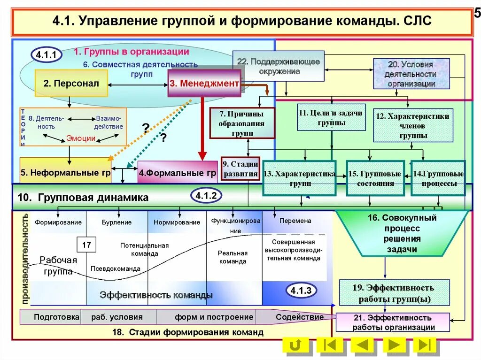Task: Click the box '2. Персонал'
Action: (x=71, y=84)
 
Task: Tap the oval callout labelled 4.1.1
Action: (x=47, y=55)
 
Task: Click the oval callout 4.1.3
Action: (x=301, y=291)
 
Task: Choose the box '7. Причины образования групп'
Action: (x=241, y=123)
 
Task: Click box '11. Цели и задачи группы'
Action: (x=331, y=117)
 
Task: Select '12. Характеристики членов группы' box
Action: (x=413, y=125)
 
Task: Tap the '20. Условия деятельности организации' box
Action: (x=411, y=74)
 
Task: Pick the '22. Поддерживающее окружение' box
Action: (x=279, y=66)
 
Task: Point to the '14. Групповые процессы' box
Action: (x=438, y=178)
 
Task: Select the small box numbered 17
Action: (x=86, y=245)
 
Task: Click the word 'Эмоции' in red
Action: (x=81, y=138)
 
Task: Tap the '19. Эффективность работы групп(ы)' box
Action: (x=394, y=293)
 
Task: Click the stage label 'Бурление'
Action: (x=116, y=222)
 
